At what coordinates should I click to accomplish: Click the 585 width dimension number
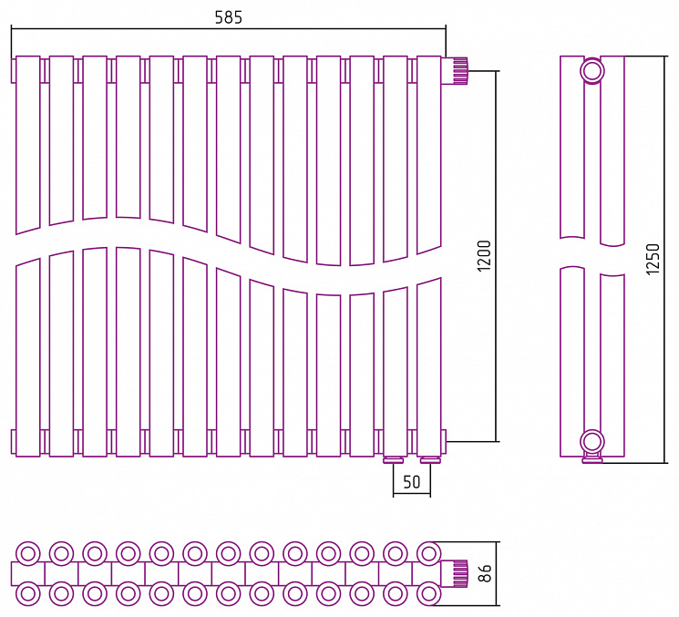tap(229, 17)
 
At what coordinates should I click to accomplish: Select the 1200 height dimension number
tap(485, 256)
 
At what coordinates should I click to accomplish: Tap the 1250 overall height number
tap(653, 259)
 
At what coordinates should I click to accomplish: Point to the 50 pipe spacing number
tap(412, 482)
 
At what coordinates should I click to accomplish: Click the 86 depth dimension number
tap(486, 573)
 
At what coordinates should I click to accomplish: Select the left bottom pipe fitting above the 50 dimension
tap(394, 460)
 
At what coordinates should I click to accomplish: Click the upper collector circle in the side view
tap(592, 70)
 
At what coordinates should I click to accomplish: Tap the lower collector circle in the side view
tap(592, 442)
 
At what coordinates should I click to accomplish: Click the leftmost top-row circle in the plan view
tap(28, 553)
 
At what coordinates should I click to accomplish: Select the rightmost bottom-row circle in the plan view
tap(428, 593)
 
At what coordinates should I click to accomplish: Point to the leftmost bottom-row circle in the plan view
tap(28, 593)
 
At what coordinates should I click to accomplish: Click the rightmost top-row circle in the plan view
tap(428, 553)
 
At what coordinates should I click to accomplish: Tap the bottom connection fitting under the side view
tap(592, 458)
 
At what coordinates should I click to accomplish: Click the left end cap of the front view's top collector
tap(14, 70)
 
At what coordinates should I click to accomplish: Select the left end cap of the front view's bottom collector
tap(14, 442)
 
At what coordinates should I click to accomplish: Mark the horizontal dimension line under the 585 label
tap(229, 28)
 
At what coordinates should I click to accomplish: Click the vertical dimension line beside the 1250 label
tap(664, 260)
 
